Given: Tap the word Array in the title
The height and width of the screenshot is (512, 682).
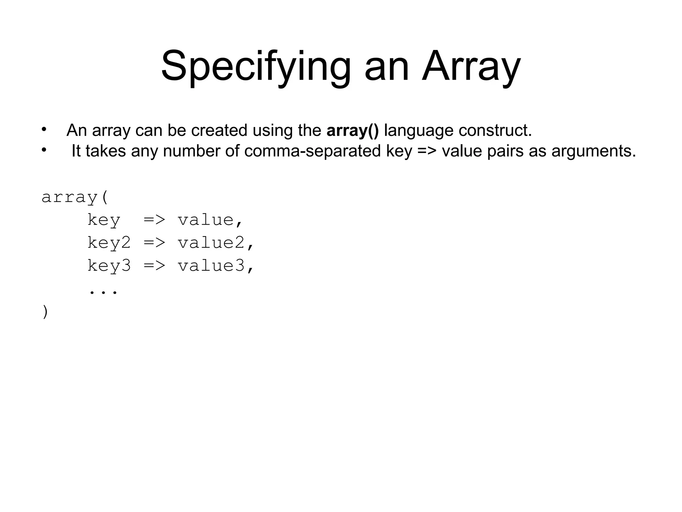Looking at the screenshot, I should [471, 67].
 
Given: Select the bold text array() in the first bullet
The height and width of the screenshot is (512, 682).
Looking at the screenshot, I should [352, 130].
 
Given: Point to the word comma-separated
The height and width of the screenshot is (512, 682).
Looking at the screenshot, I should [312, 151].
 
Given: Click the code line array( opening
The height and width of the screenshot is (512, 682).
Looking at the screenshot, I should [75, 197].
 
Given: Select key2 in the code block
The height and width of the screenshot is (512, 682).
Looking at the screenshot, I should [109, 243].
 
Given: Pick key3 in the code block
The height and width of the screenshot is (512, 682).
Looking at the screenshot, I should [109, 266].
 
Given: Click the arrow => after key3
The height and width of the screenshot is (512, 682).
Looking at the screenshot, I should [154, 266].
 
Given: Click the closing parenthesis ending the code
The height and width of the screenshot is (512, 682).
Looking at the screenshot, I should [45, 312].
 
